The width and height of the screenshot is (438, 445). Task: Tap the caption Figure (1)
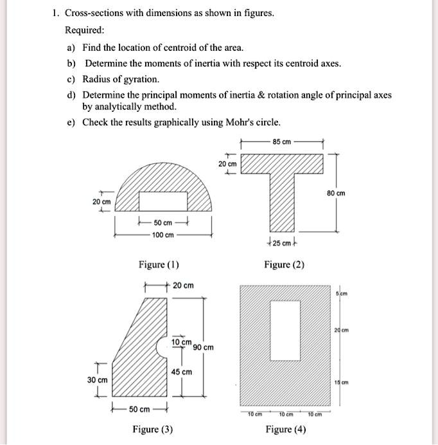point(159,265)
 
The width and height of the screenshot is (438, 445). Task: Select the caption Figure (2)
point(285,265)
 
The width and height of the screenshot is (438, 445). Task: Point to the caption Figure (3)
point(152,430)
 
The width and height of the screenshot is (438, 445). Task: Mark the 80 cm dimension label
point(336,192)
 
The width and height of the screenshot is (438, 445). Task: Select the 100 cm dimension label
point(162,235)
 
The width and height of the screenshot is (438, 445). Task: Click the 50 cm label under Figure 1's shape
point(162,222)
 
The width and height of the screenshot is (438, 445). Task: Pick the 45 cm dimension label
point(182,372)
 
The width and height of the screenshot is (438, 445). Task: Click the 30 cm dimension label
point(98,381)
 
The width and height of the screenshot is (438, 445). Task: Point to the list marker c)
point(71,79)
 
